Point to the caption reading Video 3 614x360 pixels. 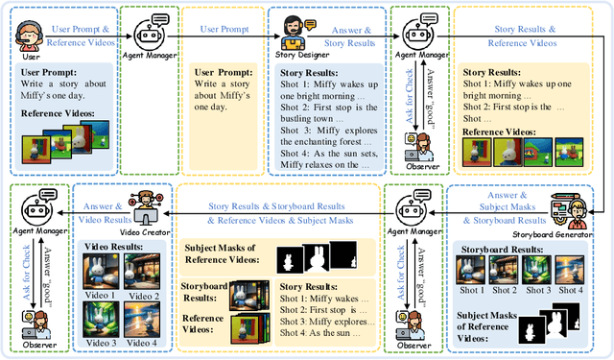tap(102, 343)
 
